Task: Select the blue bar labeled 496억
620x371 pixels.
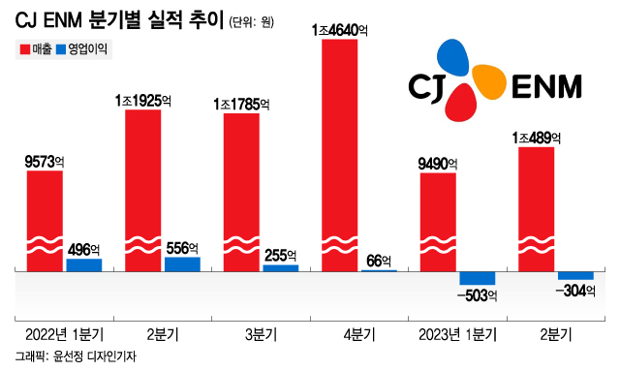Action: pyautogui.click(x=83, y=264)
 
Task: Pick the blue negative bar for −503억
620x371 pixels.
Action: pyautogui.click(x=478, y=278)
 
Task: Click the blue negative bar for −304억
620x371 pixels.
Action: pyautogui.click(x=575, y=275)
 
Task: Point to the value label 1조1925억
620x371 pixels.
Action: pyautogui.click(x=142, y=100)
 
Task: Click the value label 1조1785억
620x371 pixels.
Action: pyautogui.click(x=241, y=104)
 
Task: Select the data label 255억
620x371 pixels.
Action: pyautogui.click(x=281, y=255)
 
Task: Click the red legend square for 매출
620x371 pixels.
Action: pyautogui.click(x=23, y=48)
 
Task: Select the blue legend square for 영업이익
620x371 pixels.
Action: pyautogui.click(x=63, y=48)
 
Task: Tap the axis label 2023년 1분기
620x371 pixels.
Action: pyautogui.click(x=458, y=335)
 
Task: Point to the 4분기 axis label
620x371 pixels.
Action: pyautogui.click(x=359, y=335)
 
